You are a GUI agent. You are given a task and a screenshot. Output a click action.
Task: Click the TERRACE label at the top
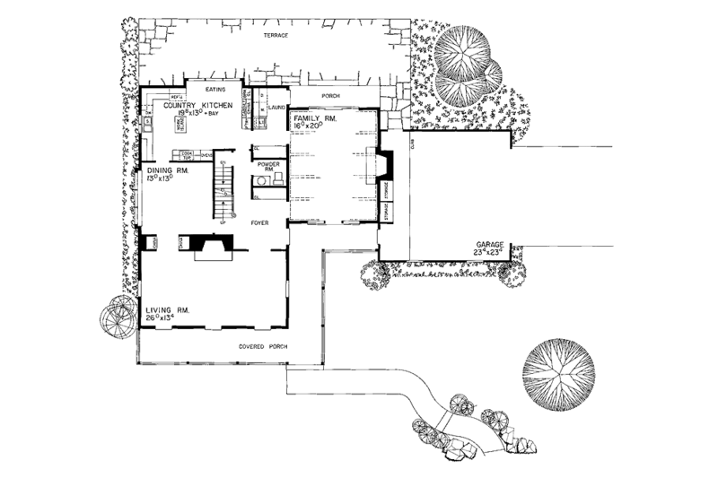[274, 35]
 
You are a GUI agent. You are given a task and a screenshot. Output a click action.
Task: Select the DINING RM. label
[159, 169]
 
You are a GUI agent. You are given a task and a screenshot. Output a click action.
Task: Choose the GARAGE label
[490, 243]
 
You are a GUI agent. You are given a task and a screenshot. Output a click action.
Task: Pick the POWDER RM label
[268, 166]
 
